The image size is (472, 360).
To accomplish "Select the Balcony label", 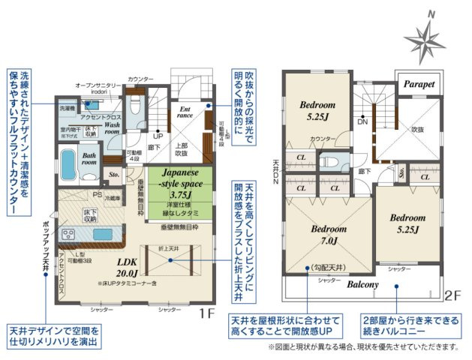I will pyautogui.click(x=362, y=285).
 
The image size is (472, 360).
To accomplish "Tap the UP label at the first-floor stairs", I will pyautogui.click(x=158, y=137).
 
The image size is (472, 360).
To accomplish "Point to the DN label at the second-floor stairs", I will pyautogui.click(x=362, y=121).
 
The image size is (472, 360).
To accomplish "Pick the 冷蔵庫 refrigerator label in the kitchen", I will pyautogui.click(x=112, y=199).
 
